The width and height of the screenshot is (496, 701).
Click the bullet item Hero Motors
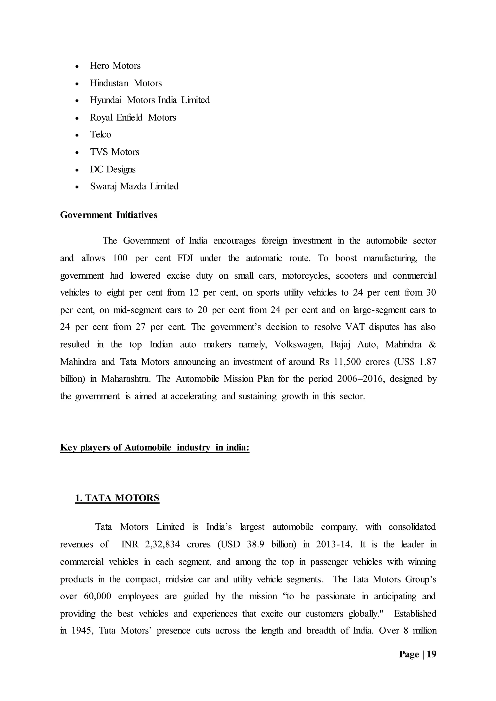tap(115, 66)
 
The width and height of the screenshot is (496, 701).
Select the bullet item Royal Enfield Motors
tap(133, 118)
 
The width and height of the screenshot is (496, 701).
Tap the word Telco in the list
tap(101, 134)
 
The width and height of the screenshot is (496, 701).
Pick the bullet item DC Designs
tap(113, 169)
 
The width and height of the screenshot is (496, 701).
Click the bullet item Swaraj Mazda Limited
tap(134, 186)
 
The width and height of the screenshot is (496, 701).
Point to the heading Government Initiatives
tap(109, 215)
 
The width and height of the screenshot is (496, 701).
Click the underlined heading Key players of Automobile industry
tap(155, 448)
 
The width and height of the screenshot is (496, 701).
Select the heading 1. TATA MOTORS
tap(117, 498)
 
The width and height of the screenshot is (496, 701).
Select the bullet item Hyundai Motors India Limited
tap(150, 100)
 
